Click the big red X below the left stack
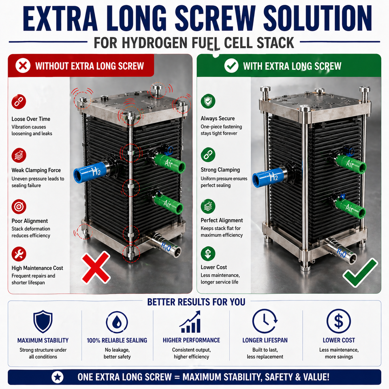point(96,267)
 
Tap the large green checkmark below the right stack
point(360,273)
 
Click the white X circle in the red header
point(23,66)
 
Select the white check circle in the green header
point(231,66)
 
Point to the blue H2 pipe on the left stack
point(90,172)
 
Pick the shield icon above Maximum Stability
point(43,321)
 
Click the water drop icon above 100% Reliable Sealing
point(117,322)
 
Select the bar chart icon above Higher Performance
point(190,322)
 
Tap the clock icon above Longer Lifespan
point(265,321)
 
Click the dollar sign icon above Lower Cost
point(339,321)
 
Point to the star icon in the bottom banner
point(58,377)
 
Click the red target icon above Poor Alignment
point(19,206)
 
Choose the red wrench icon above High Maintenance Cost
point(19,254)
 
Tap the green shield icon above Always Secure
point(208,101)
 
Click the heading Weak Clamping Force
point(36,170)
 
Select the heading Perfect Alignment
point(222,220)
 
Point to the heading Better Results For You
point(196,302)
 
